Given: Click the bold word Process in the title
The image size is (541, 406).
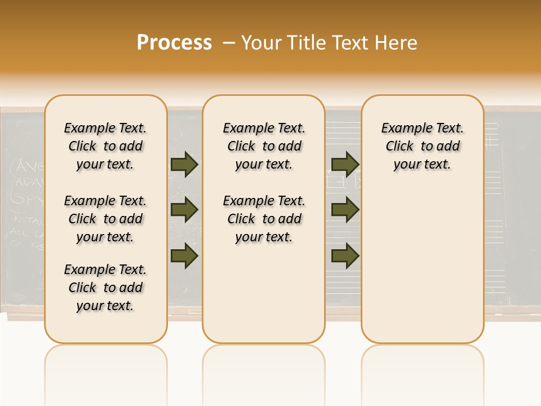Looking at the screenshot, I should (x=174, y=43).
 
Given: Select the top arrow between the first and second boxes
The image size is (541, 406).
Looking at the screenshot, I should (x=184, y=164).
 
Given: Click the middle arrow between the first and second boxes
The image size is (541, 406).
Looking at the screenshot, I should (x=184, y=210).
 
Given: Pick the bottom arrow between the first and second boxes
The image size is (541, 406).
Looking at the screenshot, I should (x=184, y=256).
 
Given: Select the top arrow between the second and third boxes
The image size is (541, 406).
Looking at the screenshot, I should (x=345, y=164).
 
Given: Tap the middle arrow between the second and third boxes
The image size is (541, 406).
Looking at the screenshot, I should (x=345, y=210).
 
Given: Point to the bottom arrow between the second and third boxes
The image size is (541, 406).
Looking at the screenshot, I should (x=345, y=256).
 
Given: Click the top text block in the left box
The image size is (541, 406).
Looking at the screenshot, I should (x=105, y=146).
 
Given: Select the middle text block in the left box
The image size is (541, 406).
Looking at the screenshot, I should (x=105, y=219).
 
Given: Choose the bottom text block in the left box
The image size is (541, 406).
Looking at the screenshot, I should (x=105, y=288).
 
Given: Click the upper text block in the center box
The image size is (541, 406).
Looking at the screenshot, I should (x=264, y=146).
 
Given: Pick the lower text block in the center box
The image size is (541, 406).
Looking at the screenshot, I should (x=264, y=219).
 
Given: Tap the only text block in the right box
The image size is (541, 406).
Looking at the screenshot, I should (x=422, y=146).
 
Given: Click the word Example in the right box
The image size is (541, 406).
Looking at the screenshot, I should (x=402, y=129).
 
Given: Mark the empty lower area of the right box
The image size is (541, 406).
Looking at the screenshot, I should (x=422, y=259).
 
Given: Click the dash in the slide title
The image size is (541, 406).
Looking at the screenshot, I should (x=229, y=43).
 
